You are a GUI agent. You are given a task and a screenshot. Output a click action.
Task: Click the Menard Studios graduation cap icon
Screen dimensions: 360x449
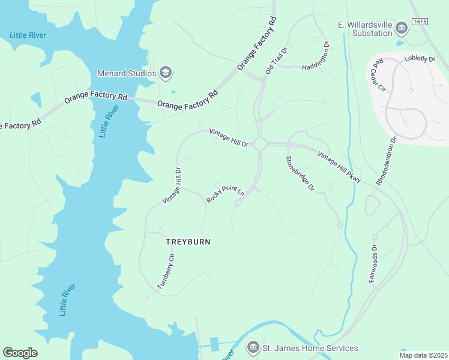[166, 73]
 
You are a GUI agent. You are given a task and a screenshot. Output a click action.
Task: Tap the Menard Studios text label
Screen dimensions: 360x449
[127, 73]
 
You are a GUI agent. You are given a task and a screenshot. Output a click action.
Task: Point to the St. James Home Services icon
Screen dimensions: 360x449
[253, 348]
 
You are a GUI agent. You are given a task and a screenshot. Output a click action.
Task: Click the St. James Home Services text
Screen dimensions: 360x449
[310, 348]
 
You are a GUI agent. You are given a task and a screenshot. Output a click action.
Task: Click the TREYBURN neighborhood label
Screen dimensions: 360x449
[188, 241]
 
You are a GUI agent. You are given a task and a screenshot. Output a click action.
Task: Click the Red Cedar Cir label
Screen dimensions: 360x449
[378, 76]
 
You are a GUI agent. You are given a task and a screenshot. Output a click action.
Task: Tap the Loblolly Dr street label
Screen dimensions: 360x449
[420, 59]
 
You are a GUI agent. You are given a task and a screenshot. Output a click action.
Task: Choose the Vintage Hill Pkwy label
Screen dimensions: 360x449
[339, 167]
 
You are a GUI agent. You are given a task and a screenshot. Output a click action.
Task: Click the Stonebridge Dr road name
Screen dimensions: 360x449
[300, 173]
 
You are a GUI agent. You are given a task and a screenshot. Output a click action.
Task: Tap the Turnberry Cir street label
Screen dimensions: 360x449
[165, 271]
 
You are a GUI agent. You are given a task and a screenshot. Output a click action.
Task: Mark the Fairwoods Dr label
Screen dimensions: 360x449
[373, 263]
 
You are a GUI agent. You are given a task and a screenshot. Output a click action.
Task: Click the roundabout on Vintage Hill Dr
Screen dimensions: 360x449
[260, 144]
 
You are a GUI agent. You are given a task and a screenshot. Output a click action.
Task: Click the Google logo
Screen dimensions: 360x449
[20, 352]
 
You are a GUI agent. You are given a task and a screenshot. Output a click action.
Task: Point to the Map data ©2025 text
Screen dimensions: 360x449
[423, 355]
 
